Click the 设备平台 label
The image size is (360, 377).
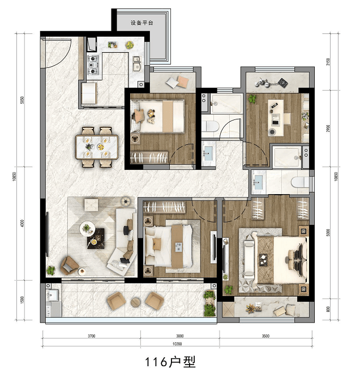tap(142, 23)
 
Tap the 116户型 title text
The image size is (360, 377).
tap(170, 361)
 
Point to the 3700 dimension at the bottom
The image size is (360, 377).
tap(91, 336)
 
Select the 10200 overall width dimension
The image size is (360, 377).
tap(177, 344)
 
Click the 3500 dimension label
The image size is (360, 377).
tap(265, 336)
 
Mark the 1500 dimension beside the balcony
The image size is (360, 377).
tap(23, 300)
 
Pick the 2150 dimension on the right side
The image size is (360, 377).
tap(328, 62)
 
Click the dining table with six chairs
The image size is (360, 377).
tap(97, 147)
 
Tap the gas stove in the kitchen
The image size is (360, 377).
tap(93, 65)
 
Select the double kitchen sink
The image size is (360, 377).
tap(137, 64)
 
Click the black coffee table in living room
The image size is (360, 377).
tap(96, 238)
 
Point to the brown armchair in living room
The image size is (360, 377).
tap(69, 265)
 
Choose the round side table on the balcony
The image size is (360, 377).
tap(136, 302)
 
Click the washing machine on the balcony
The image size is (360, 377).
tap(53, 310)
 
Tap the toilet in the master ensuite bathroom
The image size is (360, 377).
tap(300, 182)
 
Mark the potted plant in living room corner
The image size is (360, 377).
tap(51, 270)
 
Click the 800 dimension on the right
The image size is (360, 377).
tap(328, 309)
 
